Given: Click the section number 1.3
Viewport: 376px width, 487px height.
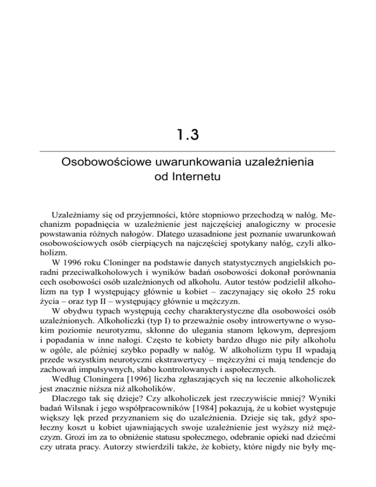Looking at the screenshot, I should click(x=188, y=134).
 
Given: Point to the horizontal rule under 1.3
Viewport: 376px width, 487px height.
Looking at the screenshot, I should click(x=188, y=151).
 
